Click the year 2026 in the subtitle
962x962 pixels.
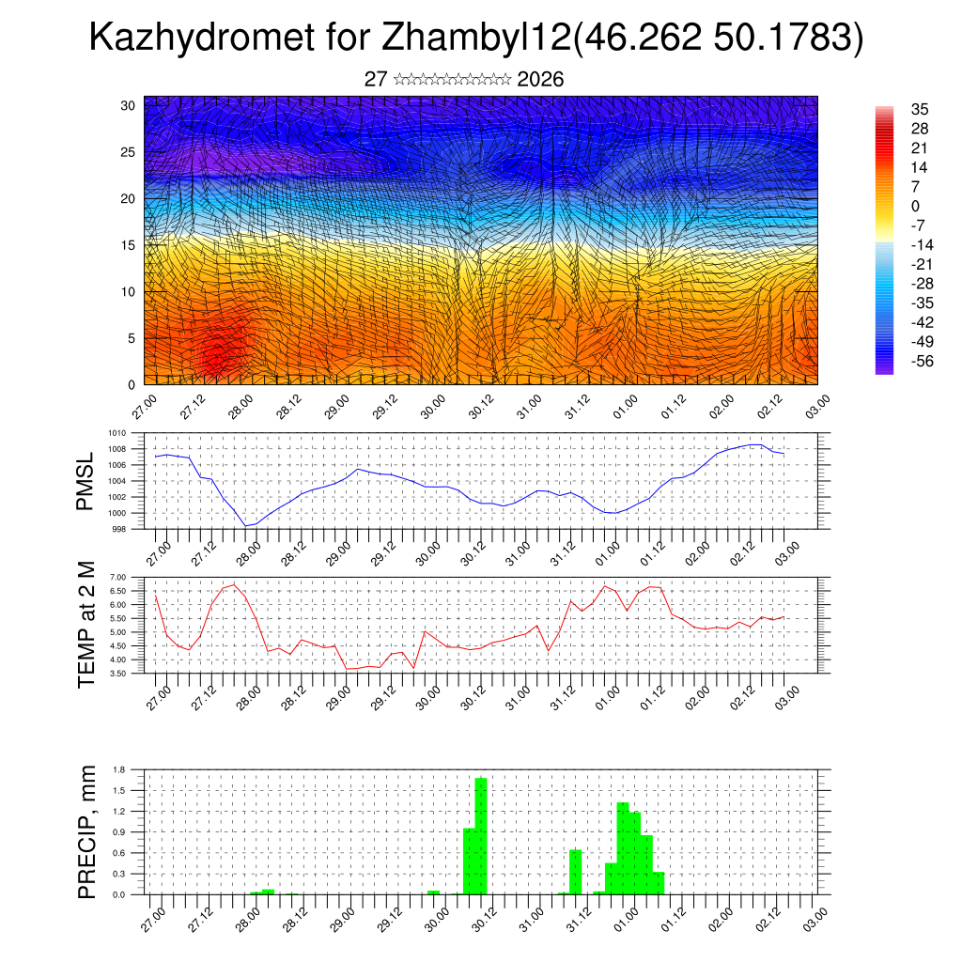[x=540, y=80]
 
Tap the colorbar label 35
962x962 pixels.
[x=921, y=110]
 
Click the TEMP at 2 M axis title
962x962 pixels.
[x=86, y=625]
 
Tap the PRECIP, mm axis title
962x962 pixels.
[x=86, y=831]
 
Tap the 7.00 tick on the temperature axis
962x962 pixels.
[x=118, y=577]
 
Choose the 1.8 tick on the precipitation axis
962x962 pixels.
[x=119, y=769]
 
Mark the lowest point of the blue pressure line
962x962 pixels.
[x=246, y=526]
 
